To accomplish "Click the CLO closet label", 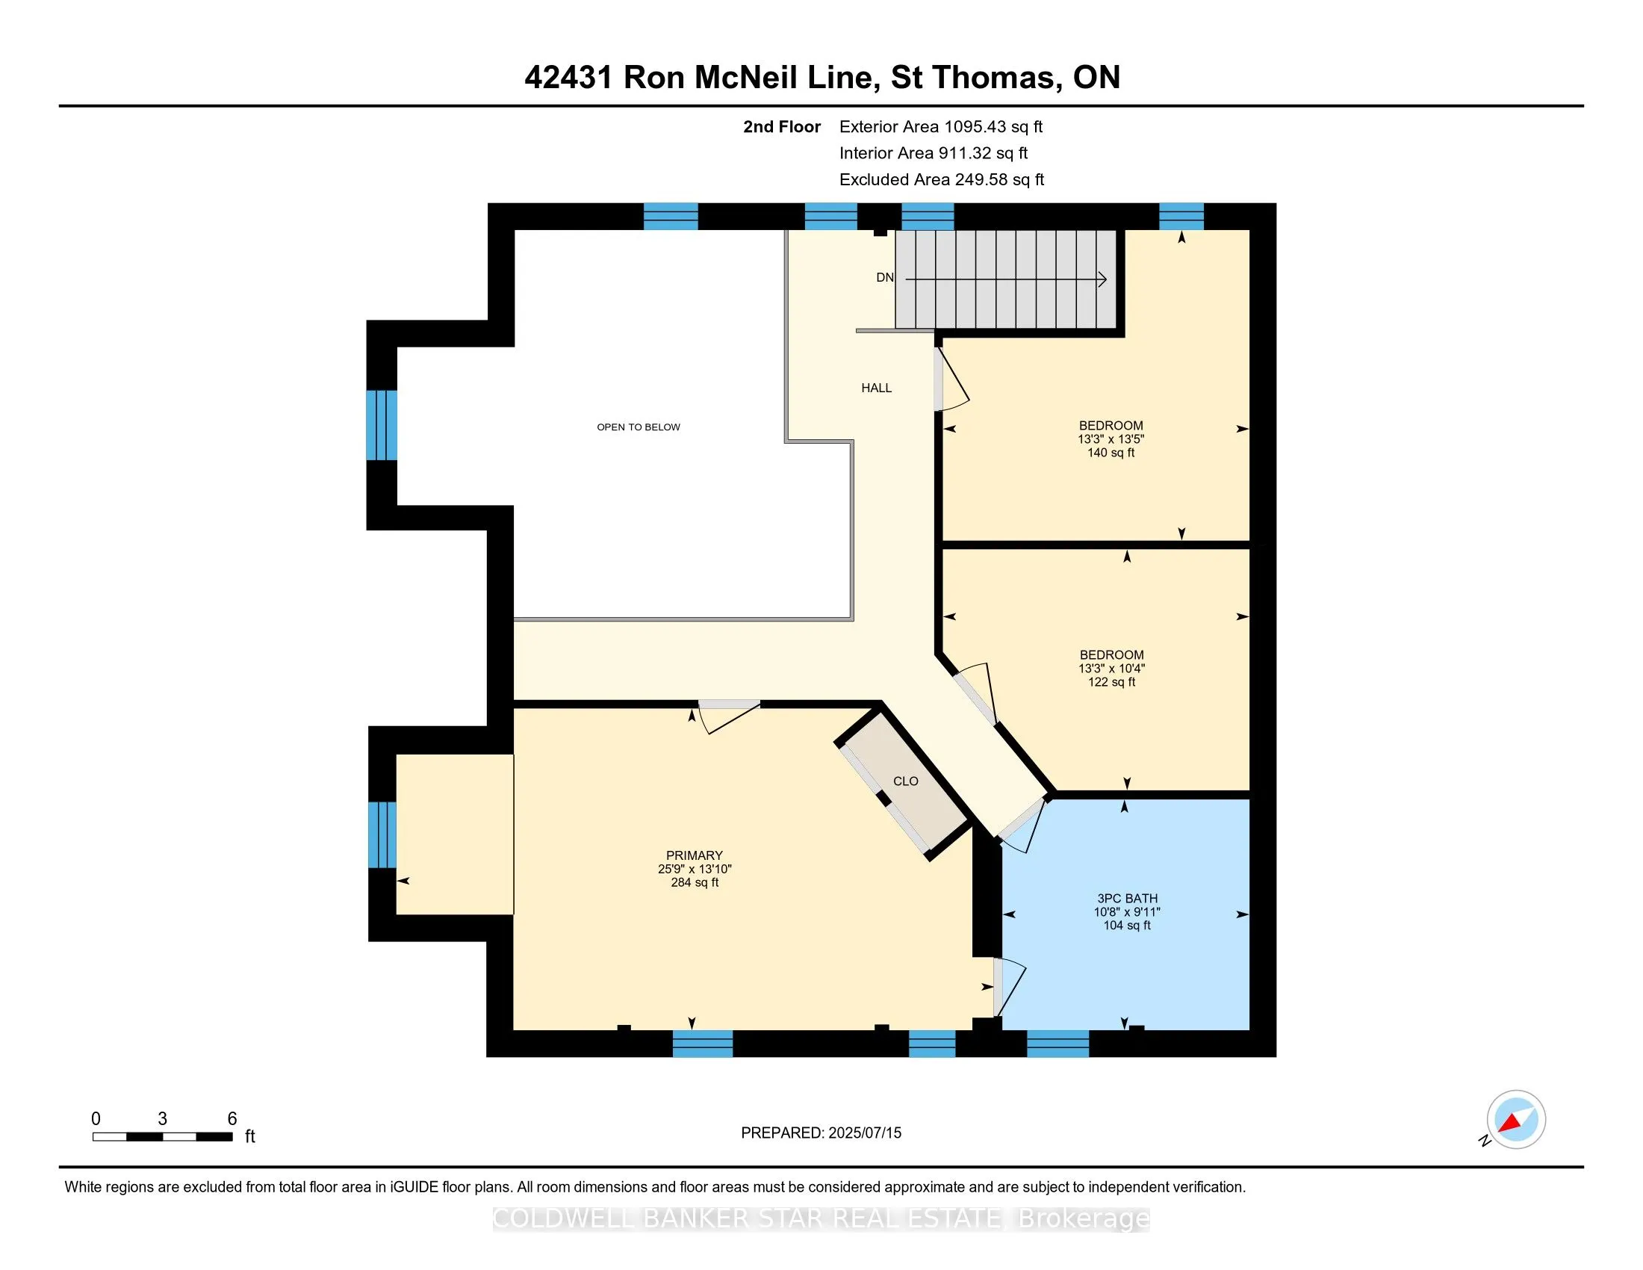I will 905,781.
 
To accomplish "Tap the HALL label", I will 877,388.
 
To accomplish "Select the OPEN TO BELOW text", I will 638,427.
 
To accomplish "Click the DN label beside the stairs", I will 885,278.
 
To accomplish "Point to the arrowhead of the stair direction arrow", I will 1102,279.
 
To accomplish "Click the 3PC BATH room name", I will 1127,898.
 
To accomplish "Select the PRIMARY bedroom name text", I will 694,855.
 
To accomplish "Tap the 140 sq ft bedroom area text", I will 1111,453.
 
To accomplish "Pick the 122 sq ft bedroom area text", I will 1111,682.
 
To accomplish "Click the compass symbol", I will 1515,1120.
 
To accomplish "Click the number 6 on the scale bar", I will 232,1119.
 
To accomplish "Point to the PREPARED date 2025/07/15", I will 863,1133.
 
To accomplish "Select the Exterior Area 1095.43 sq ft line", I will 940,127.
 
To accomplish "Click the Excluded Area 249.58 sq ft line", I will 941,180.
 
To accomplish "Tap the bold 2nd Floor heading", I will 781,127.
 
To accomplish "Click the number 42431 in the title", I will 568,78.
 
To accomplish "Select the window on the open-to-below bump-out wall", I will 382,425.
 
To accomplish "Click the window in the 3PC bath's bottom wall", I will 1057,1044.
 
